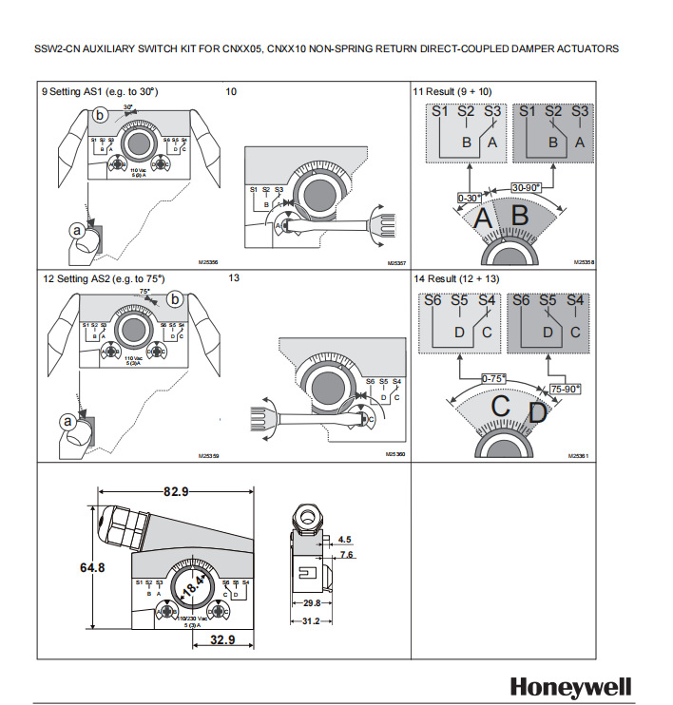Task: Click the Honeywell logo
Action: click(x=570, y=686)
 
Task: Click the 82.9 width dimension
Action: click(x=175, y=491)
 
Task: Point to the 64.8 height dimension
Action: click(x=91, y=567)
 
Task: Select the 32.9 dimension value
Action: click(x=221, y=640)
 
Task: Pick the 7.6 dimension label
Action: click(x=346, y=554)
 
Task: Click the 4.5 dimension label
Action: click(x=344, y=539)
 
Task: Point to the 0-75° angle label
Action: click(x=494, y=379)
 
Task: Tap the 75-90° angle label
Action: click(x=565, y=389)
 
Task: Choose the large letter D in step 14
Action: click(x=538, y=413)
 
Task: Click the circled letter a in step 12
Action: click(x=67, y=420)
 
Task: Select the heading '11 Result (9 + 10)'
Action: click(x=452, y=91)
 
